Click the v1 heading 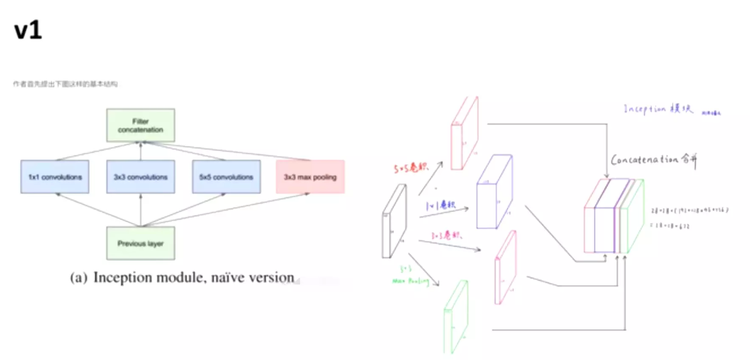(x=28, y=31)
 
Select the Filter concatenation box (x=140, y=125)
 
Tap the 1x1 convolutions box (x=55, y=177)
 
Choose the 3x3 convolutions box (x=140, y=177)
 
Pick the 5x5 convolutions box (x=226, y=177)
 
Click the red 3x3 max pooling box (x=310, y=177)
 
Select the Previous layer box (x=140, y=243)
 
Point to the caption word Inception (x=123, y=277)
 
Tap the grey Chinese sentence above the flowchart (x=65, y=84)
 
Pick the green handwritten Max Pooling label (x=410, y=280)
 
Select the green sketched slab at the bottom (x=455, y=316)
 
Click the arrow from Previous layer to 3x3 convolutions (x=140, y=210)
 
